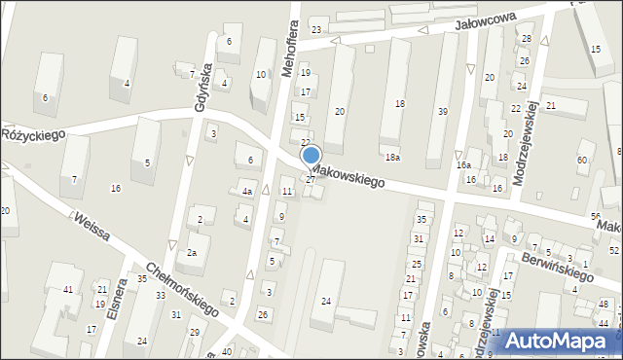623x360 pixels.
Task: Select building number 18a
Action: click(x=391, y=157)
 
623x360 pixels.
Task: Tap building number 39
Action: click(x=443, y=111)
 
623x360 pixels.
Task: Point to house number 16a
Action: click(x=463, y=165)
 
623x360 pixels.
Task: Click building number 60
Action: click(x=583, y=159)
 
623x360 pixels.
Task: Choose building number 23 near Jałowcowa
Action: click(x=315, y=29)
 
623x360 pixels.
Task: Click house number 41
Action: click(x=68, y=290)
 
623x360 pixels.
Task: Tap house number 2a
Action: click(x=192, y=253)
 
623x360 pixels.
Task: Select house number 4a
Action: click(x=247, y=192)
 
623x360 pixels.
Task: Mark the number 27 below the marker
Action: click(x=311, y=179)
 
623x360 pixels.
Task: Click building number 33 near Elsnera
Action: click(x=159, y=295)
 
